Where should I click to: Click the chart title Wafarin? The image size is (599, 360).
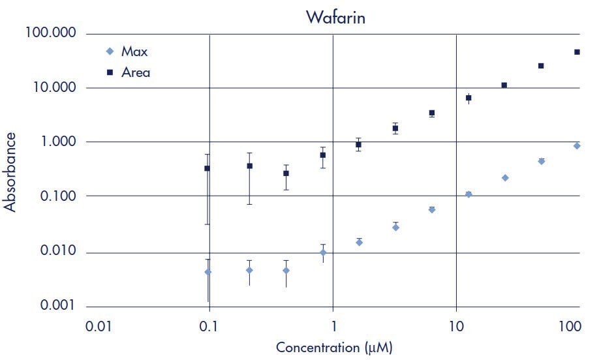tap(335, 17)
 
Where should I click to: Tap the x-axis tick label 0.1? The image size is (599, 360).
tap(209, 325)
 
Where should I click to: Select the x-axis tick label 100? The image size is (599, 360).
tap(570, 325)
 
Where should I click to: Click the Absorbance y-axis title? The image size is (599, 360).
tap(10, 171)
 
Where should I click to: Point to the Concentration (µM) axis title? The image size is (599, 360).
tap(334, 347)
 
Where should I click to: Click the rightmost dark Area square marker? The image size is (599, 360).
tap(577, 52)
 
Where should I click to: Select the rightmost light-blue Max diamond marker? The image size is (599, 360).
tap(577, 146)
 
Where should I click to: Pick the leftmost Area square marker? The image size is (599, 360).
tap(207, 168)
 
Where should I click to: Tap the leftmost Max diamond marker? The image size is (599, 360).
tap(208, 272)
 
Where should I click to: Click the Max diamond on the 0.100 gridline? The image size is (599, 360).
tap(468, 194)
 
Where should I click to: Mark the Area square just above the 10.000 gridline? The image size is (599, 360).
tap(504, 85)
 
